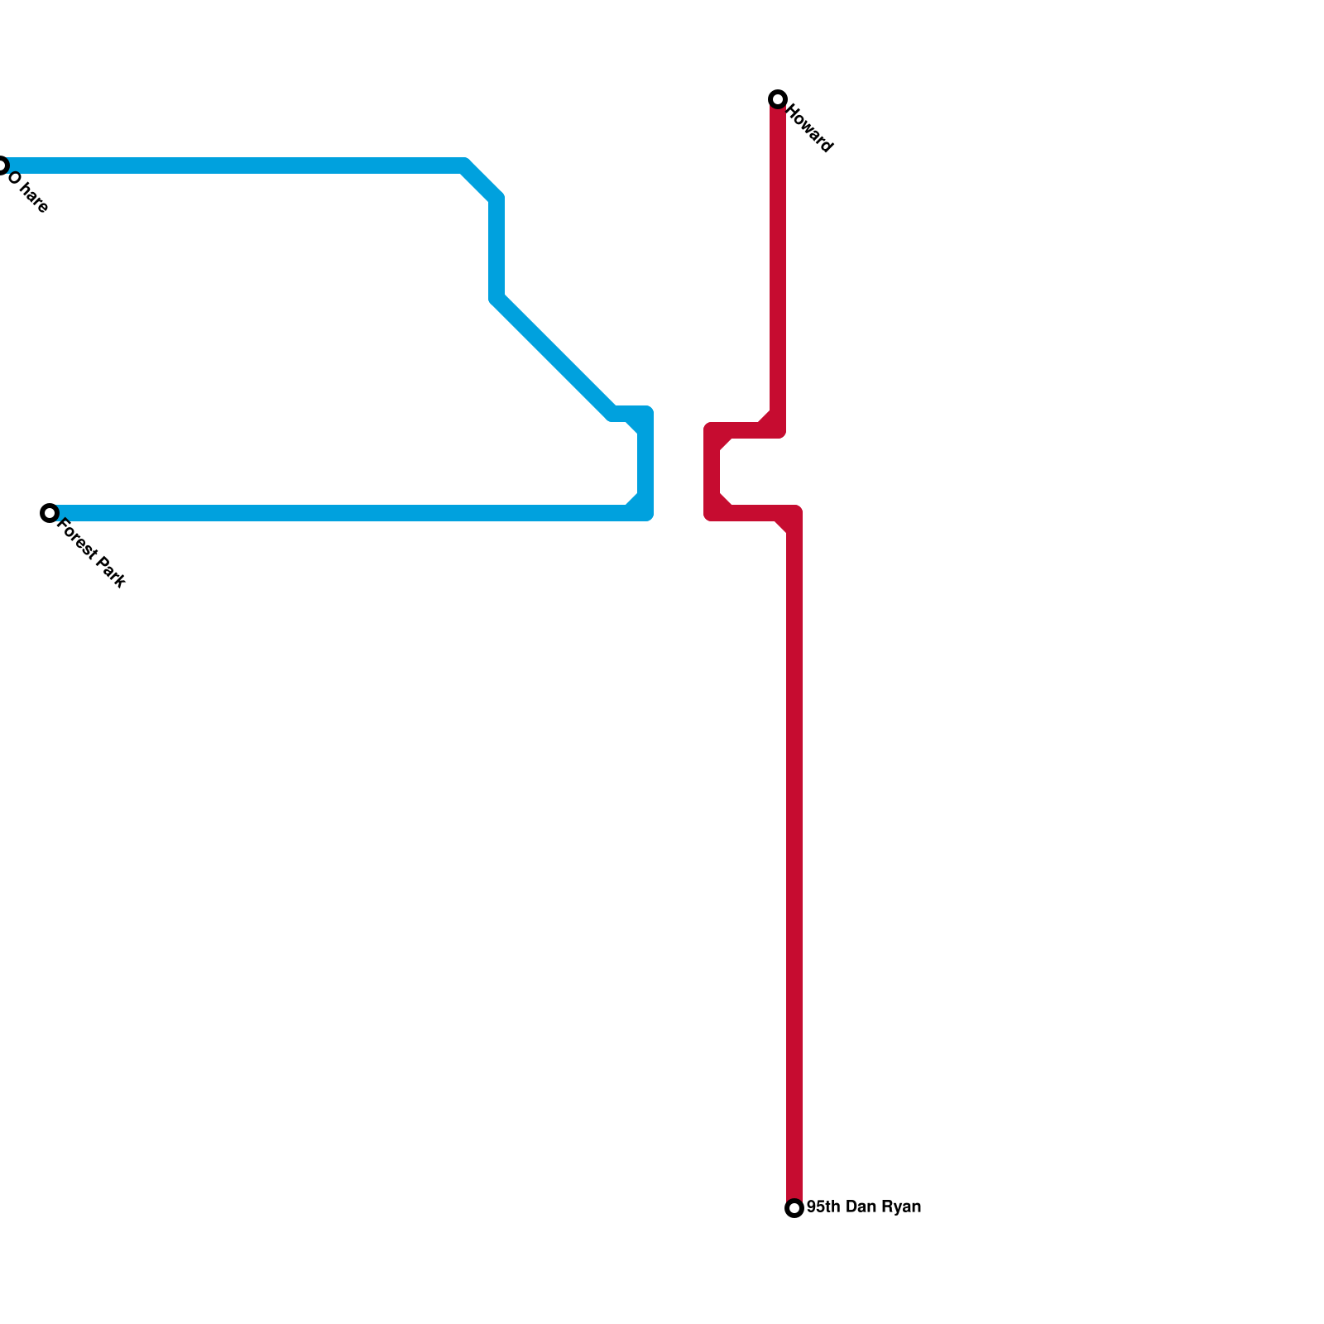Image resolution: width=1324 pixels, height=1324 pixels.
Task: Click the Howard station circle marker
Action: point(777,99)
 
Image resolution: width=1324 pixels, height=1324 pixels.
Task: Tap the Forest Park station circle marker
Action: point(50,513)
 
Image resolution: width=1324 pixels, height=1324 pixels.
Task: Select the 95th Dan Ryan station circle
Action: point(794,1208)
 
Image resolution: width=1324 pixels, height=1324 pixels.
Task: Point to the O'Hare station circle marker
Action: point(2,165)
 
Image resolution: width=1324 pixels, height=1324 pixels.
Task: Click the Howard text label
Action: point(810,127)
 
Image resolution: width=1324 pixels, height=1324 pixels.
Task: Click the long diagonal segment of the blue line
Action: point(554,357)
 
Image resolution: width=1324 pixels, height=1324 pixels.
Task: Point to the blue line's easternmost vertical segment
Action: point(645,463)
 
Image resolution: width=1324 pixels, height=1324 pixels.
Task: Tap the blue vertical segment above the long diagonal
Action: point(496,248)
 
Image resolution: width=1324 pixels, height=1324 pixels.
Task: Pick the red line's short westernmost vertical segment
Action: point(712,473)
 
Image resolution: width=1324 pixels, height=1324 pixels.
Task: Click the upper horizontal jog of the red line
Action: point(745,430)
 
